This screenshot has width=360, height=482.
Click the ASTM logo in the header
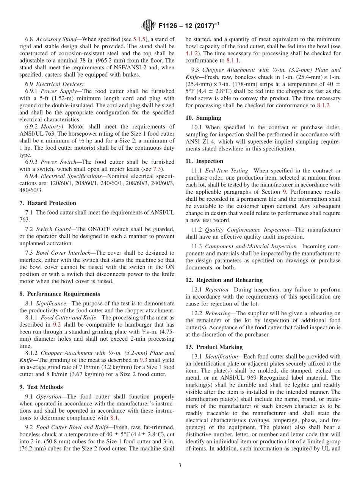pyautogui.click(x=148, y=25)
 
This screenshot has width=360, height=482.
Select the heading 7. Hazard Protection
pyautogui.click(x=48, y=203)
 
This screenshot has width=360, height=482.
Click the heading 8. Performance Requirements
pyautogui.click(x=60, y=294)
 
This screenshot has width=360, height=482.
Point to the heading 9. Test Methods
pyautogui.click(x=41, y=387)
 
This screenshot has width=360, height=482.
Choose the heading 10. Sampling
pyautogui.click(x=203, y=118)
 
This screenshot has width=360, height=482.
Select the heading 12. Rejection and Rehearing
pyautogui.click(x=224, y=280)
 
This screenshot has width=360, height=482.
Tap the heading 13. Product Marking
pyautogui.click(x=214, y=347)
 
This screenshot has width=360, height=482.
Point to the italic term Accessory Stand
pyautogui.click(x=56, y=39)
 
